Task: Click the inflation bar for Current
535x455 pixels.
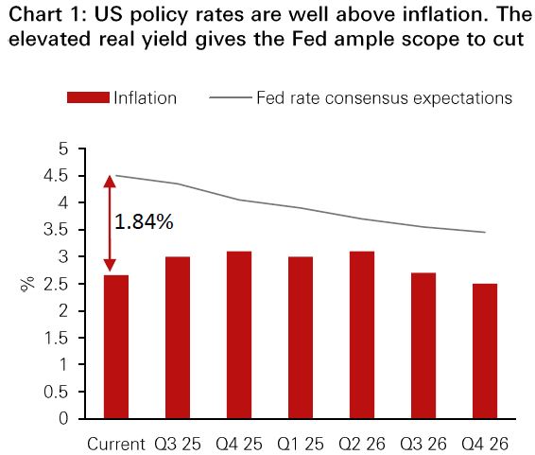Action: pos(116,347)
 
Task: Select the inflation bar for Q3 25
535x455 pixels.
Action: pos(178,338)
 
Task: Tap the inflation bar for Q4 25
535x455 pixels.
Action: pos(239,335)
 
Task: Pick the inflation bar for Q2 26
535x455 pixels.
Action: pos(362,335)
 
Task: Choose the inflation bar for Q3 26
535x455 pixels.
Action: pos(423,346)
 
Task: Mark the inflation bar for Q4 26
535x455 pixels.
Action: pos(485,351)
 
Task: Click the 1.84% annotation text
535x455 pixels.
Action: pos(144,221)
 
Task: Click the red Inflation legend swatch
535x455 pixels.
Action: pos(88,97)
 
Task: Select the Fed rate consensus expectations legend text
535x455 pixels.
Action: pos(384,98)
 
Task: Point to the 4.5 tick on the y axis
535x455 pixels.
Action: pos(81,176)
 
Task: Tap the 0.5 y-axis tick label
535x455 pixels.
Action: pos(56,393)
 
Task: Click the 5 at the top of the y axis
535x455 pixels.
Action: pos(63,149)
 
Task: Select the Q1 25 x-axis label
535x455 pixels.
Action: pos(301,444)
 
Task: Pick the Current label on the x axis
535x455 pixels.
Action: pos(116,444)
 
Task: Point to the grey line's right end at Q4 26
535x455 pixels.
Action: pos(485,232)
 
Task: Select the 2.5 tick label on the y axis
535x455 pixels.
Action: pos(56,284)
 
